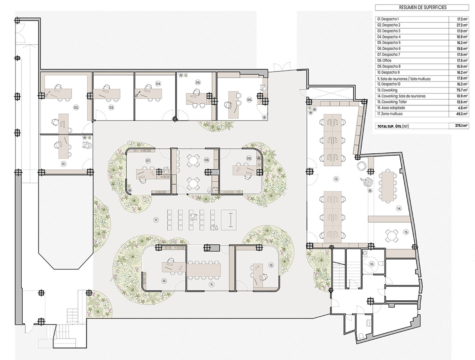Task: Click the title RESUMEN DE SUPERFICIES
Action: [423, 7]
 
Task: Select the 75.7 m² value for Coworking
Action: [462, 90]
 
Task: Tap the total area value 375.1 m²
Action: [461, 126]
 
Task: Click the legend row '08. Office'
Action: [384, 61]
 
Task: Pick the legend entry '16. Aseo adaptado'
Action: [391, 108]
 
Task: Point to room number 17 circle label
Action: [156, 220]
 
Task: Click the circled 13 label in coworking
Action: [336, 179]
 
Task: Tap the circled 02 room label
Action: [76, 107]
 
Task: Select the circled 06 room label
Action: [249, 100]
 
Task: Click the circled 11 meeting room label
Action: [212, 284]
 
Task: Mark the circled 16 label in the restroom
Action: [372, 264]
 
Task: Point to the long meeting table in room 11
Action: [203, 270]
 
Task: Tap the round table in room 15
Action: [391, 236]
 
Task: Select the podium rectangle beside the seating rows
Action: [229, 220]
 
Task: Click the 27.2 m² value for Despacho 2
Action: [462, 25]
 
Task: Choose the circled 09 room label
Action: [249, 159]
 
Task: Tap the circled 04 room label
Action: [158, 84]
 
